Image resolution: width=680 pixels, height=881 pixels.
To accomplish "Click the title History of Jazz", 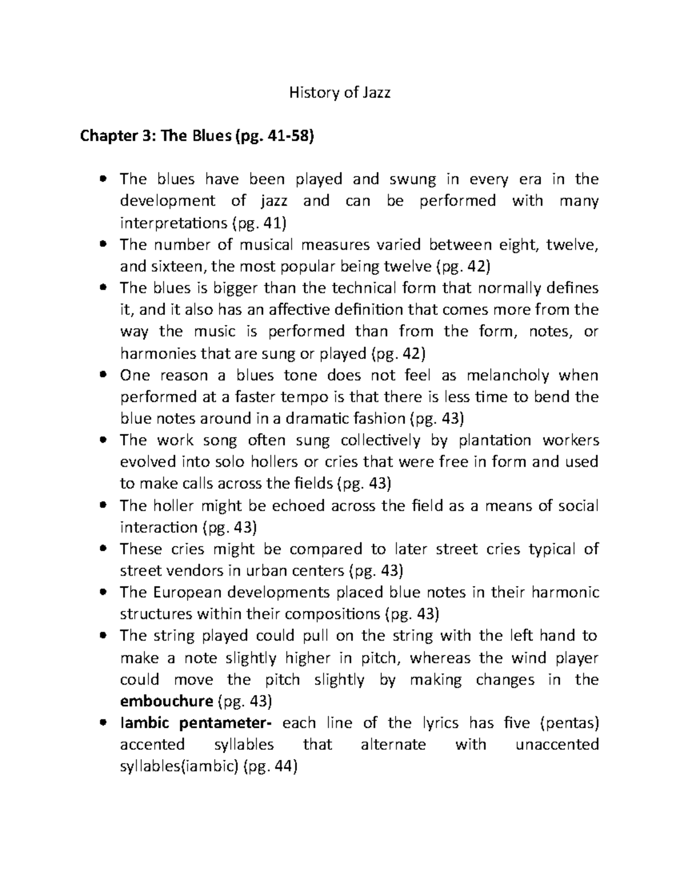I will (339, 92).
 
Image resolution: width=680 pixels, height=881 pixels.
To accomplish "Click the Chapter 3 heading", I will (197, 136).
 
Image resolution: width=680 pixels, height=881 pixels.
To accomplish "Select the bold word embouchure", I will (167, 701).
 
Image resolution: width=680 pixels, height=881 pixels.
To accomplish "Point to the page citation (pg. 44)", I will (270, 766).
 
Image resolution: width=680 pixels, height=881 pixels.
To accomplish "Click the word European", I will (186, 592).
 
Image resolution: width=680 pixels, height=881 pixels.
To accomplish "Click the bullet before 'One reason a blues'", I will (103, 376).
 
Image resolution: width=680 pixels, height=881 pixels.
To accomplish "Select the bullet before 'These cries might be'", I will (103, 549).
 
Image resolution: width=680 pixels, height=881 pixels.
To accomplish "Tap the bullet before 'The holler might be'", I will (103, 505).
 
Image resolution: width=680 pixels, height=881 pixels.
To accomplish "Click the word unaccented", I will (557, 744).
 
